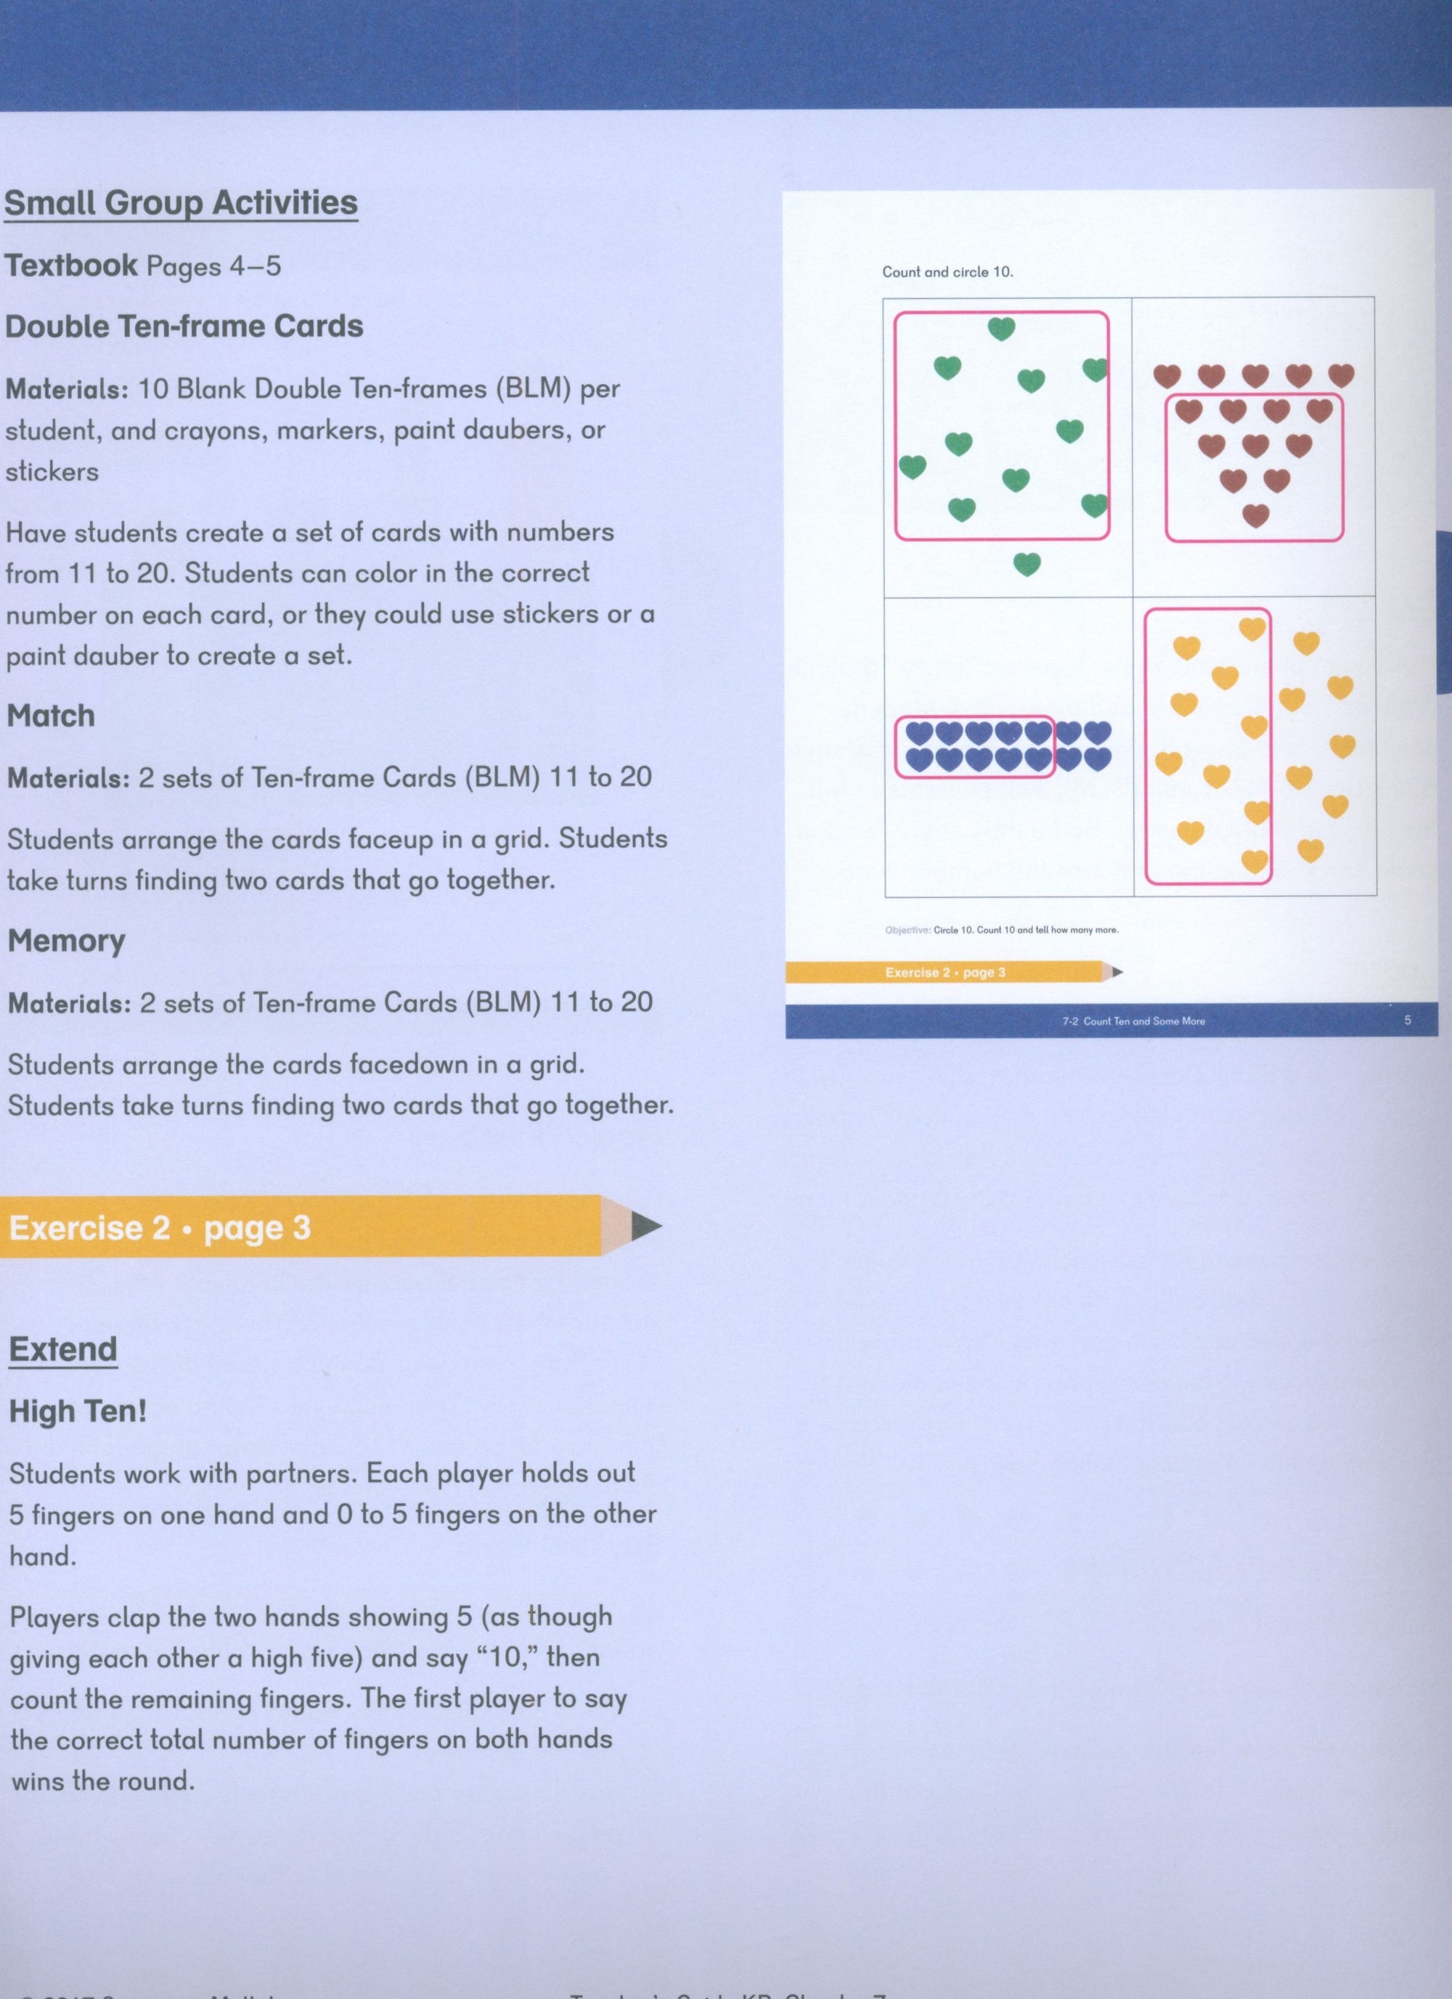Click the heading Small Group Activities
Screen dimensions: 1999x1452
coord(181,203)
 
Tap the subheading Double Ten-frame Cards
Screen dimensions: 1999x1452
coord(184,326)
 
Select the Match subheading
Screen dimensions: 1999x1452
coord(50,716)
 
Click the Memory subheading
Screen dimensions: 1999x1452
coord(66,941)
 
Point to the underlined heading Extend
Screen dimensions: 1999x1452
coord(62,1349)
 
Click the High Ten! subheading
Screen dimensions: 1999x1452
coord(78,1412)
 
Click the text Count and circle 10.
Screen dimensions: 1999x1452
coord(947,272)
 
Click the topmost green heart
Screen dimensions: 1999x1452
coord(1000,330)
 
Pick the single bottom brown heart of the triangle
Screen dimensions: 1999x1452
coord(1255,515)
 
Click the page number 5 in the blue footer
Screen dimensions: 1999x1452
coord(1407,1021)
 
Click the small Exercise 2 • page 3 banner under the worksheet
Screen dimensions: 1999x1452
coord(945,972)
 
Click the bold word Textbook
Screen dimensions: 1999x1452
coord(71,266)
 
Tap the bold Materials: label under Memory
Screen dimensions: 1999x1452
coord(69,1003)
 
